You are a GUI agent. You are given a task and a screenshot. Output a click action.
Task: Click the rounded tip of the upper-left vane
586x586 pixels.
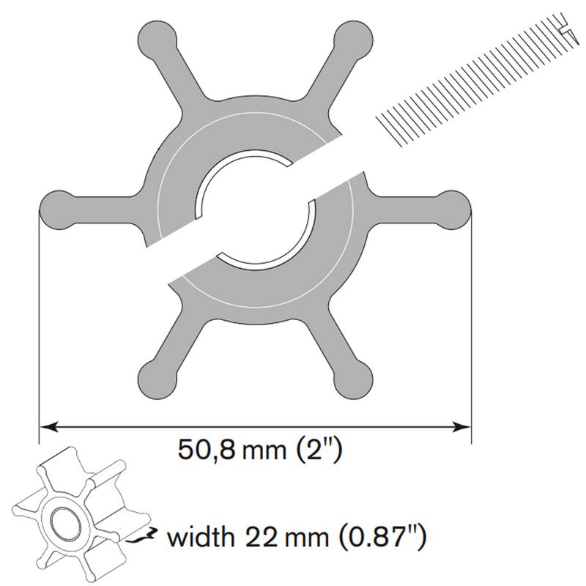tap(157, 40)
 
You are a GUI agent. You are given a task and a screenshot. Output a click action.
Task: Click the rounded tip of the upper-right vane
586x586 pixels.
tap(353, 40)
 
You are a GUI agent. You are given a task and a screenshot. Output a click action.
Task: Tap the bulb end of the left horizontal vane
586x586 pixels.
tap(59, 210)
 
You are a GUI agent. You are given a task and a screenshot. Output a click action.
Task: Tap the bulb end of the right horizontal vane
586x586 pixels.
tap(451, 210)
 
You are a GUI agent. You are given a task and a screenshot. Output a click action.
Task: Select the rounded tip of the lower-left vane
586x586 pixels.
tap(157, 379)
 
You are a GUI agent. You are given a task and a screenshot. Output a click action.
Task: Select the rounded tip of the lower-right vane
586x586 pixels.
tap(353, 379)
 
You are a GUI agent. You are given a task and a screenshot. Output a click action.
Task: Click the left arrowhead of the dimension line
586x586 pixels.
tap(48, 427)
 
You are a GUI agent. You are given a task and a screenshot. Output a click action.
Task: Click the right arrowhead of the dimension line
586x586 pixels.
tap(461, 427)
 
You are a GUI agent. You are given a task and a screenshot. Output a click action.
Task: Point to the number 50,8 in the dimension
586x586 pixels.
tap(207, 450)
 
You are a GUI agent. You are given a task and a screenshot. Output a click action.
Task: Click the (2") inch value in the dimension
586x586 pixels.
tap(319, 450)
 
